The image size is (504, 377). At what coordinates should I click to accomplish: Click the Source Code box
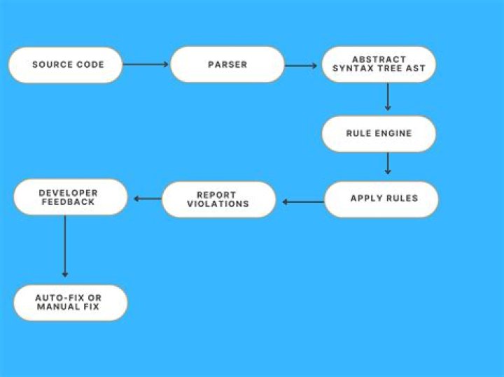click(x=65, y=65)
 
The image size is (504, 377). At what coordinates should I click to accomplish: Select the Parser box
click(x=227, y=64)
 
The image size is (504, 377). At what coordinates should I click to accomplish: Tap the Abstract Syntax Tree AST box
click(x=379, y=64)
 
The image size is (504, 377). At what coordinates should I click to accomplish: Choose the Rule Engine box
click(x=379, y=134)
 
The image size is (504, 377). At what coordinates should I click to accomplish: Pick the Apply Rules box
click(x=381, y=199)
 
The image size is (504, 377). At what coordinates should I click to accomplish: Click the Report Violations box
click(x=219, y=199)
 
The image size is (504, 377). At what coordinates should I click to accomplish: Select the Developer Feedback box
click(x=71, y=197)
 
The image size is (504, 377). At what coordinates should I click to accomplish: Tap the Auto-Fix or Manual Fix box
click(x=71, y=302)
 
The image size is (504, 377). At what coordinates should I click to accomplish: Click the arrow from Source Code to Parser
click(x=146, y=64)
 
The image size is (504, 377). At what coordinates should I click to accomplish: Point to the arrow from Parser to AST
click(x=301, y=66)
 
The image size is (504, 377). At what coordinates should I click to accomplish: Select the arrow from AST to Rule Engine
click(x=388, y=97)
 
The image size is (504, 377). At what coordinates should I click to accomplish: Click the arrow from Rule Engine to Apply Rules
click(x=388, y=164)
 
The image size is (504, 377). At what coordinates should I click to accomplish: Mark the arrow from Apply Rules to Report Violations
click(x=303, y=202)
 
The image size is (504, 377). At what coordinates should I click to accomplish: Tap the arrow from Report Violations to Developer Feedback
click(x=148, y=199)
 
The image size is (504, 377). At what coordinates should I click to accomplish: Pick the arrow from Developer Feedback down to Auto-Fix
click(x=65, y=246)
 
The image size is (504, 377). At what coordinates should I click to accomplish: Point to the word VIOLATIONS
click(x=218, y=204)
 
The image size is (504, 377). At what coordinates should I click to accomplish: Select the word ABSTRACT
click(x=379, y=59)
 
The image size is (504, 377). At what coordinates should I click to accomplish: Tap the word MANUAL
click(x=58, y=306)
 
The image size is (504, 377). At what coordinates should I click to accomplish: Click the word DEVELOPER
click(x=68, y=193)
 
